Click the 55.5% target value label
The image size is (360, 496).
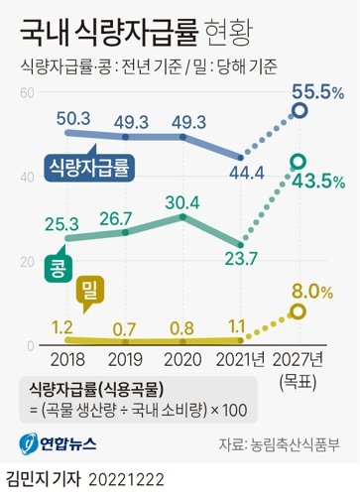click(318, 91)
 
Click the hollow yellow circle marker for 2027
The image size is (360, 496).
click(298, 310)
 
